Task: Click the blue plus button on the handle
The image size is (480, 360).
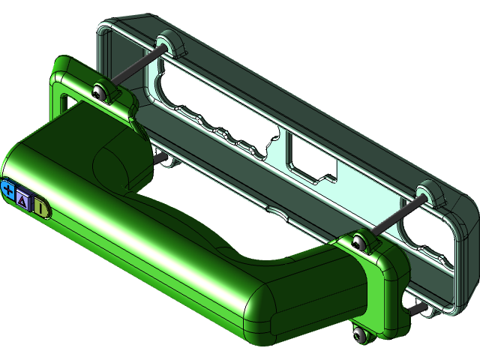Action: point(8,190)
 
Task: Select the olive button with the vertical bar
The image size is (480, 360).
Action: point(41,208)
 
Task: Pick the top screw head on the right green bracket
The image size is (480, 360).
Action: point(359,242)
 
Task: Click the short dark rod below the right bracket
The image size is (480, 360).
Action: point(415,307)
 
